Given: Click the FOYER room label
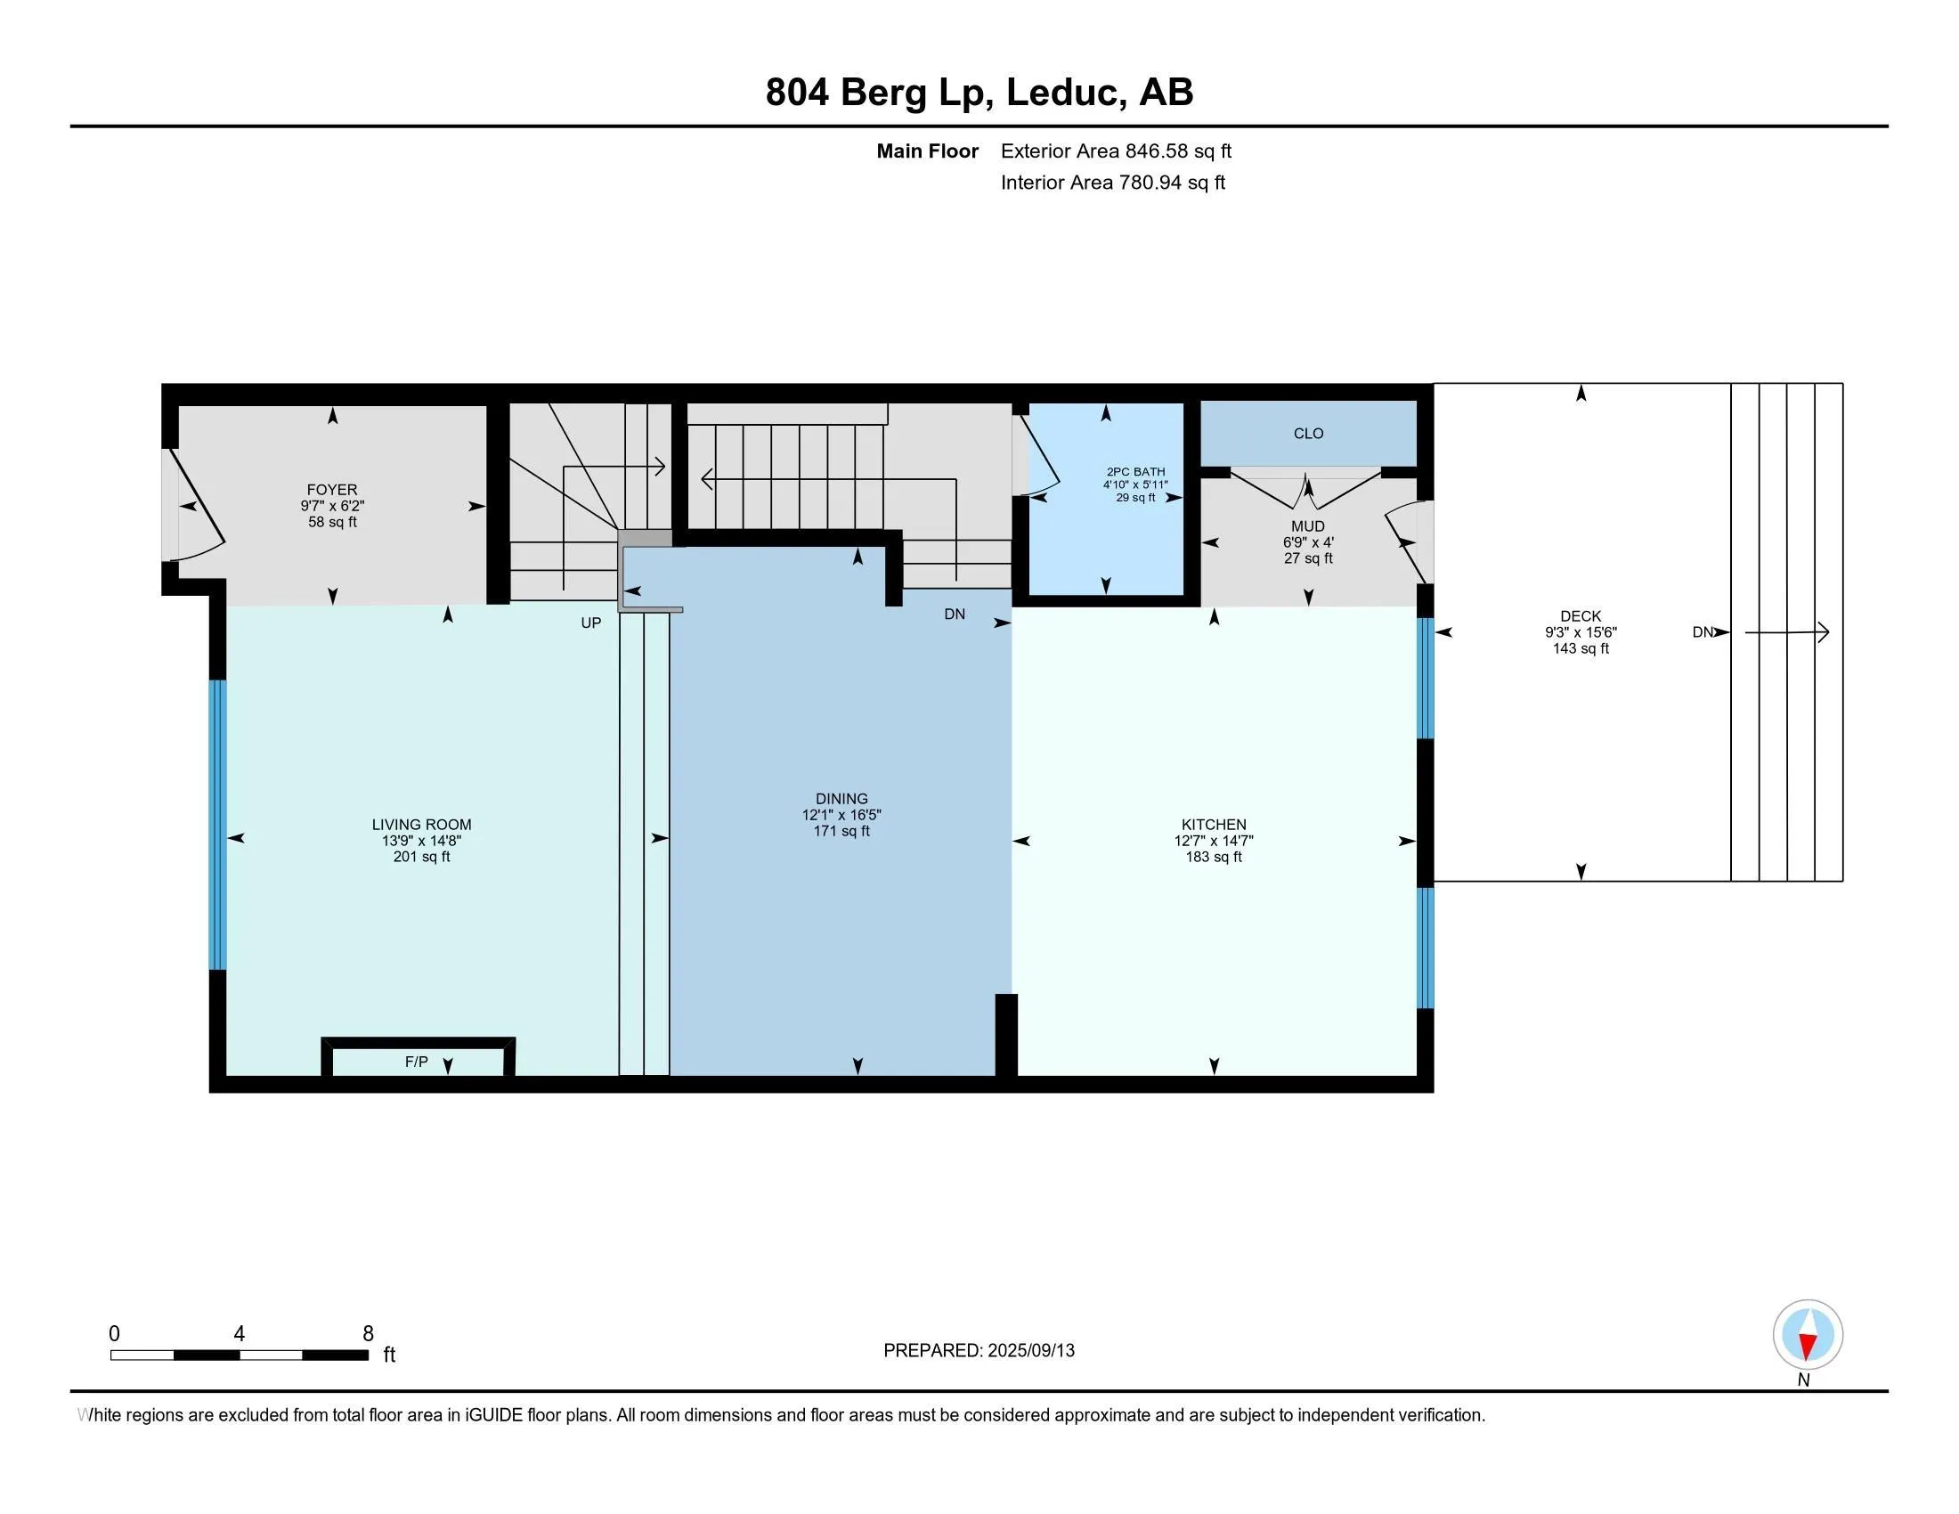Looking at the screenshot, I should [332, 490].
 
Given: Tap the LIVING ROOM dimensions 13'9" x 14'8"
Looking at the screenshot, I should [421, 842].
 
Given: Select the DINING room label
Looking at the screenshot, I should [841, 798].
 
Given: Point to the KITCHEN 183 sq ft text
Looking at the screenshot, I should [1214, 858].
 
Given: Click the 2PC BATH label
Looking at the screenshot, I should [1135, 472].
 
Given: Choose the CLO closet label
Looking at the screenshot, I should [1308, 434].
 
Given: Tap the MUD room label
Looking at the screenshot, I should [1308, 526].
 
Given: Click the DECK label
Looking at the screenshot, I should [1581, 616].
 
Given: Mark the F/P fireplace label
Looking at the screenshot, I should [416, 1062].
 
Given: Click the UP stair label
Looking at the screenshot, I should [590, 623].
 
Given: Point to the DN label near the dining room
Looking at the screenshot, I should [955, 615].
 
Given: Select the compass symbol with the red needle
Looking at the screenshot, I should [1808, 1335].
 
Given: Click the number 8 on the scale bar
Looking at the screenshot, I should [368, 1334].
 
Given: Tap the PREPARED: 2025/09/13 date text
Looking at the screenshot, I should [979, 1351].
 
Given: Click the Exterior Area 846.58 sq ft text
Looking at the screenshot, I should [1116, 151].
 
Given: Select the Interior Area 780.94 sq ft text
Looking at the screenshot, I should [1112, 183].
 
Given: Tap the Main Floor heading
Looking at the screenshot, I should [927, 151].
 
